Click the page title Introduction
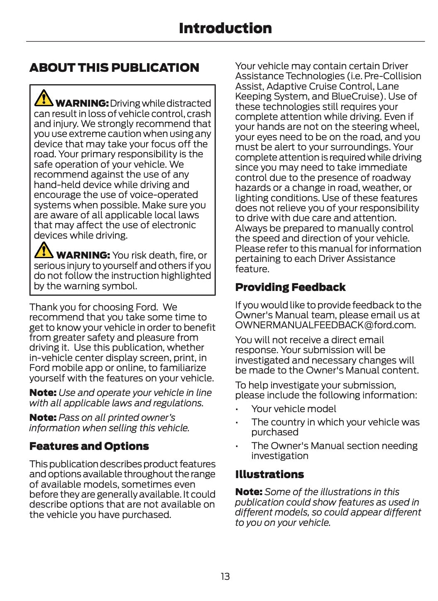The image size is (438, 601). click(225, 28)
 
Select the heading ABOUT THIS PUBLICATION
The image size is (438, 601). click(114, 68)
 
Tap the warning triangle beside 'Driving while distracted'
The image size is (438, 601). click(43, 98)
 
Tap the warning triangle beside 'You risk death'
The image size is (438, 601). click(43, 250)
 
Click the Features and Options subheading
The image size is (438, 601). click(89, 446)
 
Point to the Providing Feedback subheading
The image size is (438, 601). click(290, 287)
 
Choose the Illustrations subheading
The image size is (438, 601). click(269, 474)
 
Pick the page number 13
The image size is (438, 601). click(225, 576)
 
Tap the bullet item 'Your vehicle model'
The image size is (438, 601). click(294, 409)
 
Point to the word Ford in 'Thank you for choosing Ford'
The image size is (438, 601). click(147, 307)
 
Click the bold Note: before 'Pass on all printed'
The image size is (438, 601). click(43, 418)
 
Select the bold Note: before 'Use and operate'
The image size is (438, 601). click(43, 393)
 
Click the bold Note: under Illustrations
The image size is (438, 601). click(249, 492)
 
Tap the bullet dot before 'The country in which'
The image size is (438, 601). click(236, 423)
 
